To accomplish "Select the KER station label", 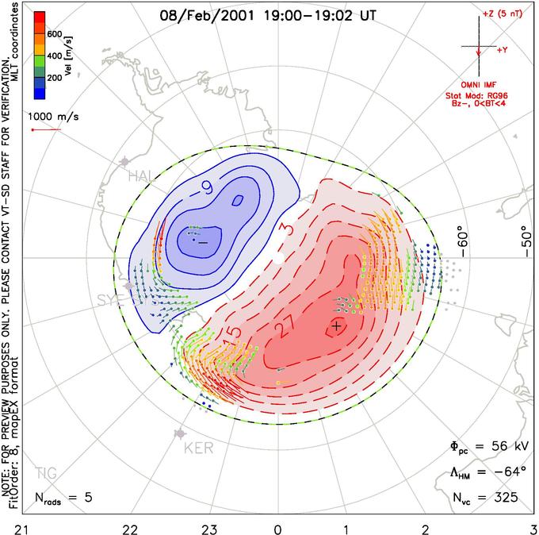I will pos(198,448).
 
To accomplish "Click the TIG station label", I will pos(45,473).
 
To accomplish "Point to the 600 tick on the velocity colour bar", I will pos(54,34).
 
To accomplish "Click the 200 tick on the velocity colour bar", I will pos(54,79).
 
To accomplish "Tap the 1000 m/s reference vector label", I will pos(54,116).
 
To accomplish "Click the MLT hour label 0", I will pos(278,527).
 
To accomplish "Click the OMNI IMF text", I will pos(482,84).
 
